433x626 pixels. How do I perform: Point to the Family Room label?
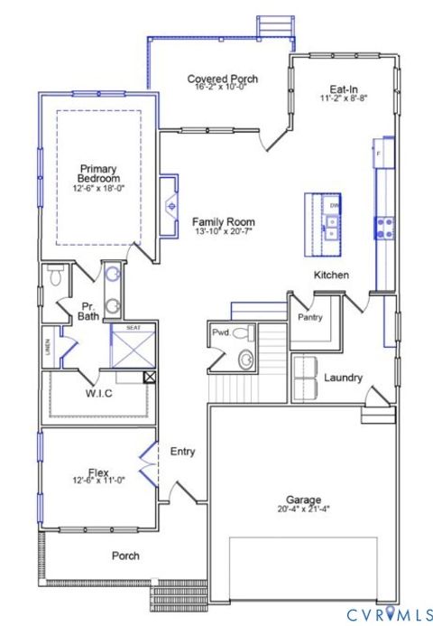coord(223,221)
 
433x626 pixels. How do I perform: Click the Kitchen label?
coord(331,275)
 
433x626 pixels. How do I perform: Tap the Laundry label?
coord(343,378)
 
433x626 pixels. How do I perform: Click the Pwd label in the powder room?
coord(220,333)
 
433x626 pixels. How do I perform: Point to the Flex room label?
coord(99,472)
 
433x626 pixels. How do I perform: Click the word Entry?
coord(182,451)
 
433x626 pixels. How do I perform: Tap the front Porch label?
coord(125,556)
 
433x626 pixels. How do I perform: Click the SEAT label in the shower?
coord(133,327)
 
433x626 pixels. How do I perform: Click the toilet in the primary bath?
coord(55,276)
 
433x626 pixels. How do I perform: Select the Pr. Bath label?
coord(88,311)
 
